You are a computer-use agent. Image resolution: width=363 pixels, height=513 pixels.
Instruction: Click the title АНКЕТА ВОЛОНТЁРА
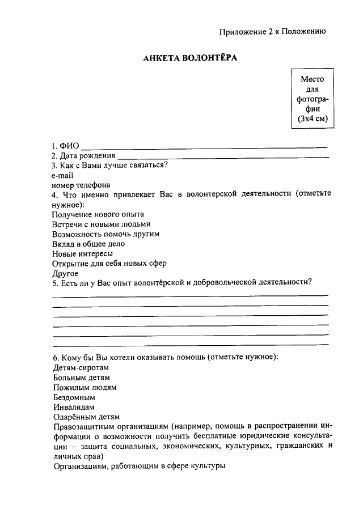(x=189, y=58)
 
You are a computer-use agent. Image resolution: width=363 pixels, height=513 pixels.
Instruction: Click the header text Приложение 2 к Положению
(x=272, y=32)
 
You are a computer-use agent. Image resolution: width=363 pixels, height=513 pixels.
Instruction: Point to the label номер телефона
(x=81, y=185)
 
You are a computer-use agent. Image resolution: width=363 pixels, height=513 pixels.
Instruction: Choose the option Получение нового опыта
(x=98, y=214)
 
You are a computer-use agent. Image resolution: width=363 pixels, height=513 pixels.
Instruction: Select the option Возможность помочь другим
(x=105, y=234)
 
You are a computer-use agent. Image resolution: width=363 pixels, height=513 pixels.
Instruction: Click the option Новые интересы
(x=82, y=253)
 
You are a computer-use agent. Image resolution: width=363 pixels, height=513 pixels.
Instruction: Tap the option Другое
(x=65, y=273)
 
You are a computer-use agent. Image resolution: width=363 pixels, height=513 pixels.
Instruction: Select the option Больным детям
(x=81, y=377)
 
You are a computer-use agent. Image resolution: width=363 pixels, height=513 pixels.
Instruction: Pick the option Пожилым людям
(x=84, y=387)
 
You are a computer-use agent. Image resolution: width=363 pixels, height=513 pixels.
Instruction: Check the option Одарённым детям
(x=86, y=417)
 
